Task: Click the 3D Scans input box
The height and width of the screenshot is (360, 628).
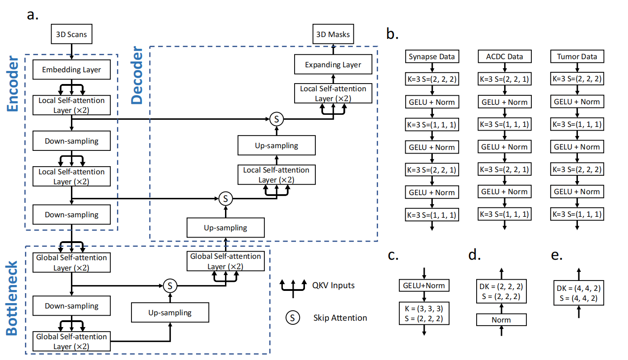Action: tap(71, 34)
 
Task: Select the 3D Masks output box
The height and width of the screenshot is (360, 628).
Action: tap(333, 34)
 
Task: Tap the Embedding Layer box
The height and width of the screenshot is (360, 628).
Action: tap(71, 70)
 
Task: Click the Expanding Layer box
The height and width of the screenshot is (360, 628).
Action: tap(333, 65)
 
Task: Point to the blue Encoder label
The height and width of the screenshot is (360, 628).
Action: tap(12, 84)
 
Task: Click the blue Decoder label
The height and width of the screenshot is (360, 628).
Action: tap(137, 75)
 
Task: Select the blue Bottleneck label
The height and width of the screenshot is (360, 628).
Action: tap(12, 298)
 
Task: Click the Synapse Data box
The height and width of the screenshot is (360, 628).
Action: tap(432, 56)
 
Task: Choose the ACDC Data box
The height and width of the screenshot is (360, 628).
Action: tap(504, 56)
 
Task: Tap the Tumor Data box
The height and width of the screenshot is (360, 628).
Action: tap(577, 56)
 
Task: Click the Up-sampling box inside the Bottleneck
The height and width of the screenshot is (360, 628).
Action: tap(170, 312)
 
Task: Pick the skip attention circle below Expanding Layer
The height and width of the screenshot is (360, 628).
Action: tap(277, 119)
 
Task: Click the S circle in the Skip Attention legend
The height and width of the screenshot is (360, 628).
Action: tap(293, 318)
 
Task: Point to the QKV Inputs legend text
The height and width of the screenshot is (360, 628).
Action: tap(333, 285)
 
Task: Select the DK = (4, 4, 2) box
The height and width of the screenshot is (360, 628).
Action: tap(579, 293)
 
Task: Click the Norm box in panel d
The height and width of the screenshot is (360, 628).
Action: tap(501, 320)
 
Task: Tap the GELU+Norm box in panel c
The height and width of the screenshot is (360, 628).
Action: tap(424, 285)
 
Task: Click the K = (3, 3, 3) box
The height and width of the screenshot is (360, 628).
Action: tap(424, 313)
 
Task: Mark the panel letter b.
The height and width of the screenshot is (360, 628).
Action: tap(392, 33)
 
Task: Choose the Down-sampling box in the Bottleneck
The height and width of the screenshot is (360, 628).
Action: tap(71, 306)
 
